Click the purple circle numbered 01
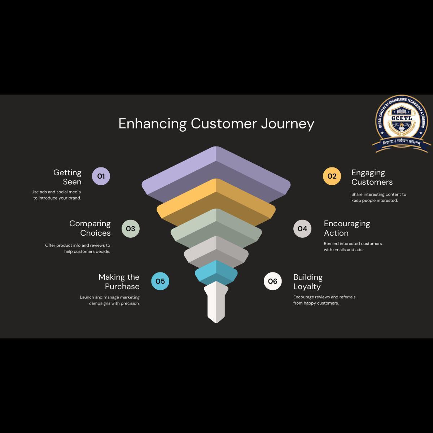(101, 176)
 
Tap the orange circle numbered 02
(332, 176)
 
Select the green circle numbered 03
(130, 228)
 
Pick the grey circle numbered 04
(302, 228)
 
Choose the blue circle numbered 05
(160, 281)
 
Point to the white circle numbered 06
(273, 281)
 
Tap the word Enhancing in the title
(152, 123)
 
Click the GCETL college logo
(402, 124)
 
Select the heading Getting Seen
(68, 177)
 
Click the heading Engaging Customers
(372, 177)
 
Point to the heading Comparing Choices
(90, 228)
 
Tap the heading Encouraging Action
(347, 228)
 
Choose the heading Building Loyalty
(308, 282)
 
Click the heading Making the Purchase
(119, 281)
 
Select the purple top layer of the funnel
(216, 170)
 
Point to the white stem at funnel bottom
(216, 303)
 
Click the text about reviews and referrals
(324, 300)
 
